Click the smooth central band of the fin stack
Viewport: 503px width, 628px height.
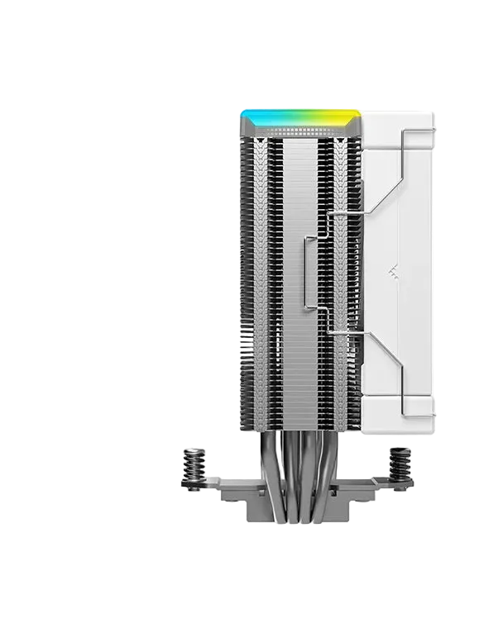298,331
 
